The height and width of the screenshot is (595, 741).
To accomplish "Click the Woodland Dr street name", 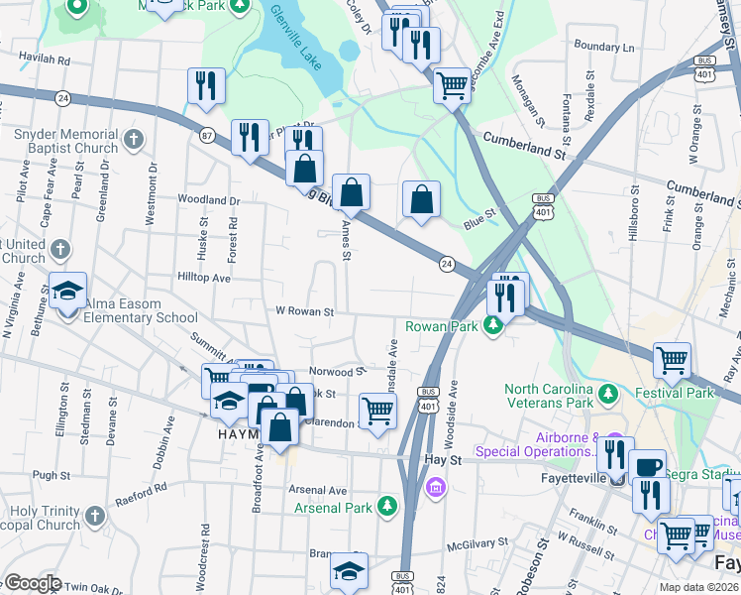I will (209, 200).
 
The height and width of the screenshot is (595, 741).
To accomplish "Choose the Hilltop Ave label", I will (203, 279).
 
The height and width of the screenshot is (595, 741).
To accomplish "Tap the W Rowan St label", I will (304, 312).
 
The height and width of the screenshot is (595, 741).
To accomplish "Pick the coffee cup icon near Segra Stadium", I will (648, 466).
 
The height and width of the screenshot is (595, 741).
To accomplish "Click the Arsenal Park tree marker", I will (389, 508).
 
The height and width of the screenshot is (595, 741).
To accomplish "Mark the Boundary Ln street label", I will (602, 47).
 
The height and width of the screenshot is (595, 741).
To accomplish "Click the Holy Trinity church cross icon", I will (93, 516).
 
